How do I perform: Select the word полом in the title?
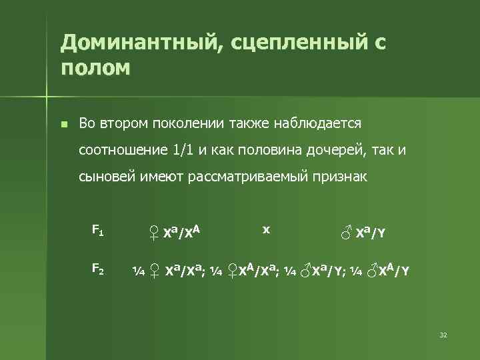95,68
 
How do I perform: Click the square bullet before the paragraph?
63,124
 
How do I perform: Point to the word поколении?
182,123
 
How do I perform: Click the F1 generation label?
97,231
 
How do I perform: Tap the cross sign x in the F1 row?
266,229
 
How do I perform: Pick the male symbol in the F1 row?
346,233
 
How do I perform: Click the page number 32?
443,335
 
